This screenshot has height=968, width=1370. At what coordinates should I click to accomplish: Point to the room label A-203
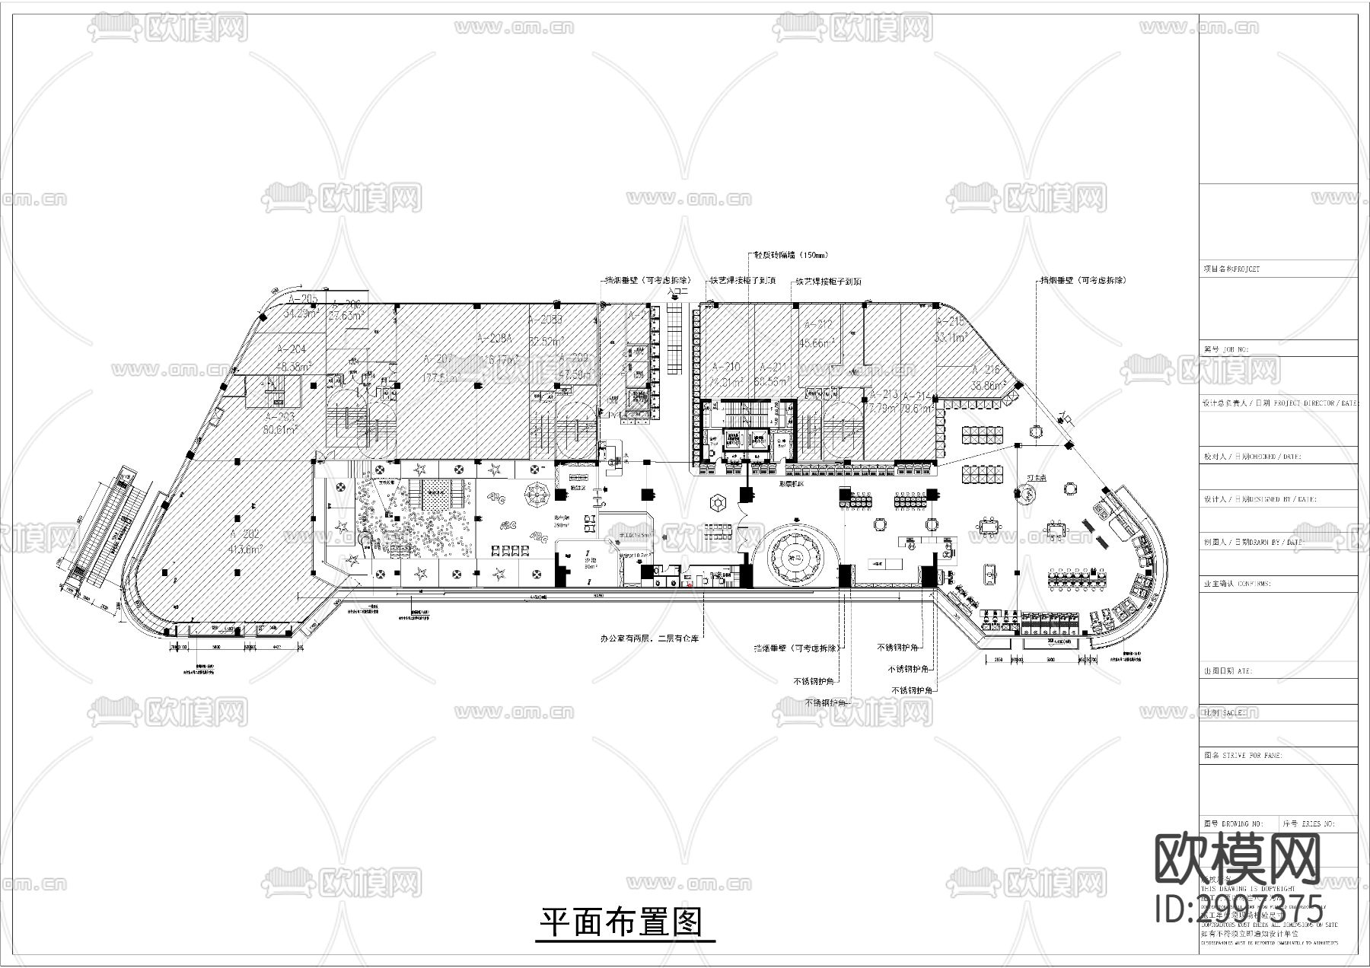279,418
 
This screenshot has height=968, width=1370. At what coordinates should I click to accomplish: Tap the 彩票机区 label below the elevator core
791,483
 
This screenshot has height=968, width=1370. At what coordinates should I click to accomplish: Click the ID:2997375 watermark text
1238,908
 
